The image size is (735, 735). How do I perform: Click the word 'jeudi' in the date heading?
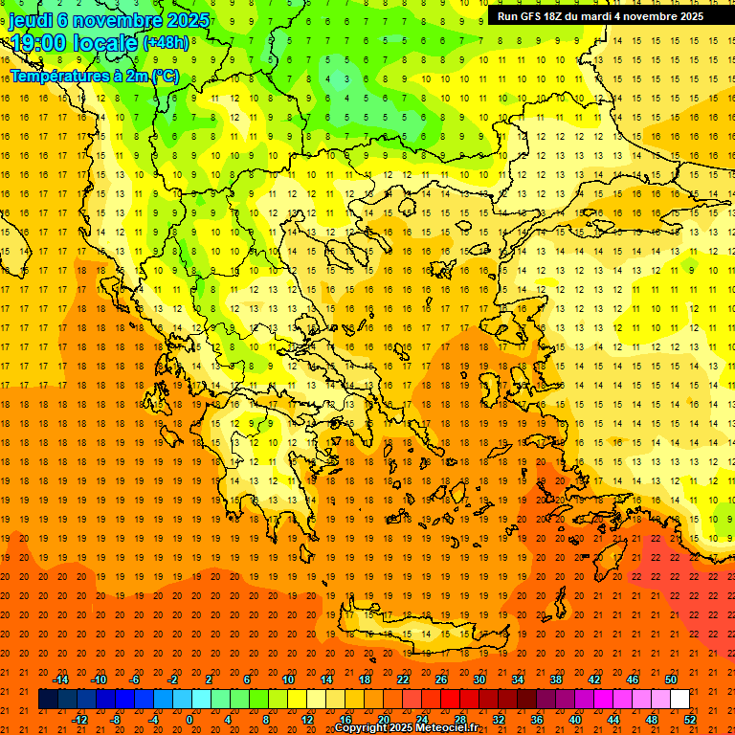coord(32,21)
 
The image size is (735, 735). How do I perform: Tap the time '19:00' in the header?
coord(42,43)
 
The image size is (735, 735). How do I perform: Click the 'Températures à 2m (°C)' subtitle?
coord(94,76)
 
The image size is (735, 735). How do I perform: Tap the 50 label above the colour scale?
coord(670,679)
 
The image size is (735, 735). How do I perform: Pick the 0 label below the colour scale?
coord(189,720)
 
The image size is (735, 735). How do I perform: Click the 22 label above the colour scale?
coord(403,679)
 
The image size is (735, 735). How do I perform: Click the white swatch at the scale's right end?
coord(679,700)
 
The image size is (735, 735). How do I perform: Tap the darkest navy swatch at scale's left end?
coord(48,700)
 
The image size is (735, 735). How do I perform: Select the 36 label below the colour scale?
coord(536,720)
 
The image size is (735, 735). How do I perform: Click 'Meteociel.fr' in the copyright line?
coord(445,728)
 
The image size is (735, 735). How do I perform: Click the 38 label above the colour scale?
coord(555,679)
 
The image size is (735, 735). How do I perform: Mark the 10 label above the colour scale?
coord(287,679)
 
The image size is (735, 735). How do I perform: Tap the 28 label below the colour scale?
coord(459,720)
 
